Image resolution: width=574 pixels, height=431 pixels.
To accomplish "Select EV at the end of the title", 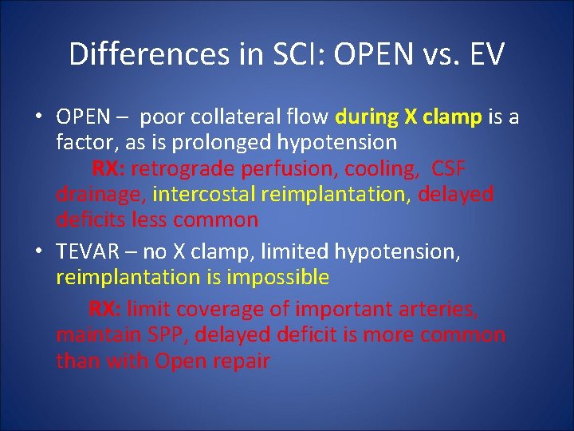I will tap(482, 54).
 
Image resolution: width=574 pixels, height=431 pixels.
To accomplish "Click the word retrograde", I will tap(183, 168).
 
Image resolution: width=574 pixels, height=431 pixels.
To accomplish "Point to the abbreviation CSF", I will tap(448, 168).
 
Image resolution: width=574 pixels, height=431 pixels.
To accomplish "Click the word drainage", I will tap(100, 194).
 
